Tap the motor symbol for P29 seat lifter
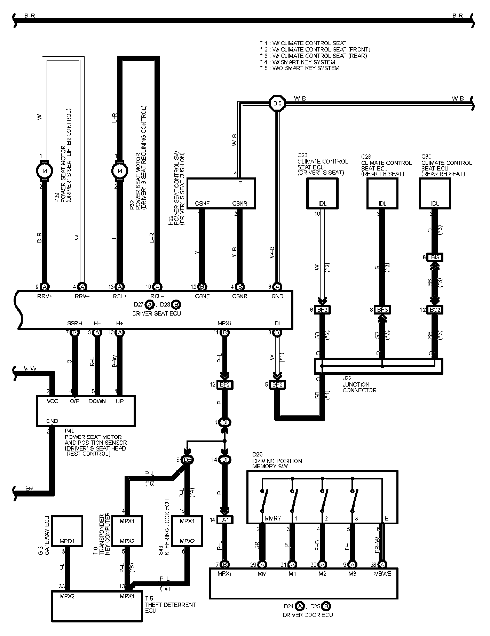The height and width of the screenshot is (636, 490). tap(45, 171)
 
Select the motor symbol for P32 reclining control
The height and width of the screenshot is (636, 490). tap(120, 171)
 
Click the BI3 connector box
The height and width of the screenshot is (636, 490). tap(435, 258)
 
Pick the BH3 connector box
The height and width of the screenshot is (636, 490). tap(382, 310)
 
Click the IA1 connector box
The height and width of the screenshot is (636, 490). tap(224, 520)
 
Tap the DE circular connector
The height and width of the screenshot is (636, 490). tap(187, 460)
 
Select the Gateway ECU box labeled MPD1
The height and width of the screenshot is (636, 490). tap(67, 532)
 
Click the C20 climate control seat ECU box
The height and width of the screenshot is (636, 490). tap(322, 193)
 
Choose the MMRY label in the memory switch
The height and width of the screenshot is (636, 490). tap(272, 518)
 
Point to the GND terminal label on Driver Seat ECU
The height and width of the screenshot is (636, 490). tap(277, 296)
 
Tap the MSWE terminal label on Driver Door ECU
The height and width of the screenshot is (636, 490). tap(382, 574)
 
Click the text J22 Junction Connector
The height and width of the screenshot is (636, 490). tap(359, 384)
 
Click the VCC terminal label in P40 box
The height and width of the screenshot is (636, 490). tap(53, 401)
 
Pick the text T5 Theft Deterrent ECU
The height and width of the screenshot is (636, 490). tap(170, 605)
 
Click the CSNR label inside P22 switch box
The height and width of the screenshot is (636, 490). tap(239, 204)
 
